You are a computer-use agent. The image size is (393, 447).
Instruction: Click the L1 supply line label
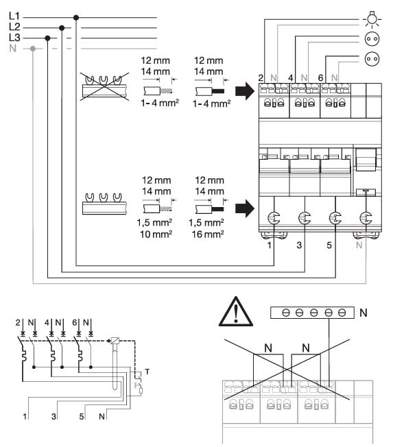(x=14, y=16)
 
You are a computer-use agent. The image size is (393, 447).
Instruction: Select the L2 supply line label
(x=14, y=27)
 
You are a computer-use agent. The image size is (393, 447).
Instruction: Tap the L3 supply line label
(x=14, y=37)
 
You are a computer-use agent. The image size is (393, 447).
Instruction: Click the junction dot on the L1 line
(x=76, y=18)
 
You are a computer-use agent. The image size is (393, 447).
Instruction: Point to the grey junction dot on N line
(x=33, y=49)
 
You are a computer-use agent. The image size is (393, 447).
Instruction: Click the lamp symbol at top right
(x=372, y=19)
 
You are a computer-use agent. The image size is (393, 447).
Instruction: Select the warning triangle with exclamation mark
(x=236, y=312)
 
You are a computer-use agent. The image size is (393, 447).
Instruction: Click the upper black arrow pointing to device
(x=244, y=91)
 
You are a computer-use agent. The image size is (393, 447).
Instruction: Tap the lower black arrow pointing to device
(x=244, y=208)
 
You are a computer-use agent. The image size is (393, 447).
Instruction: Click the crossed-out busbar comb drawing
(x=104, y=86)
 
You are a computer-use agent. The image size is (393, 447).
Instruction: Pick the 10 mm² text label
(x=156, y=234)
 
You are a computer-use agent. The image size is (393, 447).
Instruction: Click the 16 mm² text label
(x=208, y=234)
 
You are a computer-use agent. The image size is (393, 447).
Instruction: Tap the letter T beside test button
(x=147, y=372)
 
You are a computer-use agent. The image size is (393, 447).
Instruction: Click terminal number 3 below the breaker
(x=299, y=245)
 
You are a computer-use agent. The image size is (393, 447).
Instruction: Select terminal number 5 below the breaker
(x=329, y=245)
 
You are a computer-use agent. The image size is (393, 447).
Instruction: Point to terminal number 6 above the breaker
(x=320, y=78)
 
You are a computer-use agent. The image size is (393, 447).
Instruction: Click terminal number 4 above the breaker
(x=290, y=78)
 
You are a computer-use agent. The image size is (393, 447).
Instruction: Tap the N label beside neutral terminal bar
(x=364, y=313)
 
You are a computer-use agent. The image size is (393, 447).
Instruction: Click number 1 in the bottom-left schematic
(x=25, y=417)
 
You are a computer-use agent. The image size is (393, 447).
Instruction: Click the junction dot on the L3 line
(x=47, y=38)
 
